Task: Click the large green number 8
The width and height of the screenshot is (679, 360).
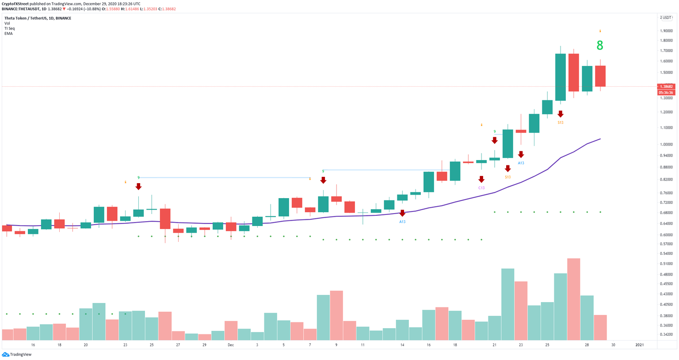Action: pyautogui.click(x=600, y=46)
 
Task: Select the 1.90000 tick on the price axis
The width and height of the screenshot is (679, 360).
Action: pyautogui.click(x=666, y=31)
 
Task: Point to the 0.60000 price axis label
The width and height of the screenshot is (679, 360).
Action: pyautogui.click(x=666, y=235)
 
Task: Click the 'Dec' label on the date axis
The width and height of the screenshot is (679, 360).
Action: pyautogui.click(x=231, y=345)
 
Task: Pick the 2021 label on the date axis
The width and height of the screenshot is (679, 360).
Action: pyautogui.click(x=639, y=345)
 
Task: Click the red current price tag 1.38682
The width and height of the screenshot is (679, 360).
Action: pyautogui.click(x=666, y=87)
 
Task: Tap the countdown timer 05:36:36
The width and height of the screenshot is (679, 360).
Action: pyautogui.click(x=666, y=92)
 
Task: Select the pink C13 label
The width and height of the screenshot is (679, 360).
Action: pyautogui.click(x=481, y=188)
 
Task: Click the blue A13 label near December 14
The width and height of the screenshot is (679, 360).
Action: pyautogui.click(x=402, y=222)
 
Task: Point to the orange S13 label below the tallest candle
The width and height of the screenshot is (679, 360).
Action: pyautogui.click(x=560, y=122)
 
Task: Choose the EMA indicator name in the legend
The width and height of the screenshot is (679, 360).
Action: pyautogui.click(x=8, y=34)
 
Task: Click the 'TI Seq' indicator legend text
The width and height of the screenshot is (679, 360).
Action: pyautogui.click(x=9, y=28)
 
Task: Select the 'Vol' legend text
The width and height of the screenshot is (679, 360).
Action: pyautogui.click(x=7, y=23)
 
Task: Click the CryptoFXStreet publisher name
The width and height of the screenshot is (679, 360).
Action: pyautogui.click(x=15, y=4)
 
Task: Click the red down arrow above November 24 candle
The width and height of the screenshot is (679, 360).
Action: pyautogui.click(x=138, y=186)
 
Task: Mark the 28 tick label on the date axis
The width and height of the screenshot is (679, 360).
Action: pyautogui.click(x=587, y=345)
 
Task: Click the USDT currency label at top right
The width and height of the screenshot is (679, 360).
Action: pyautogui.click(x=667, y=18)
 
